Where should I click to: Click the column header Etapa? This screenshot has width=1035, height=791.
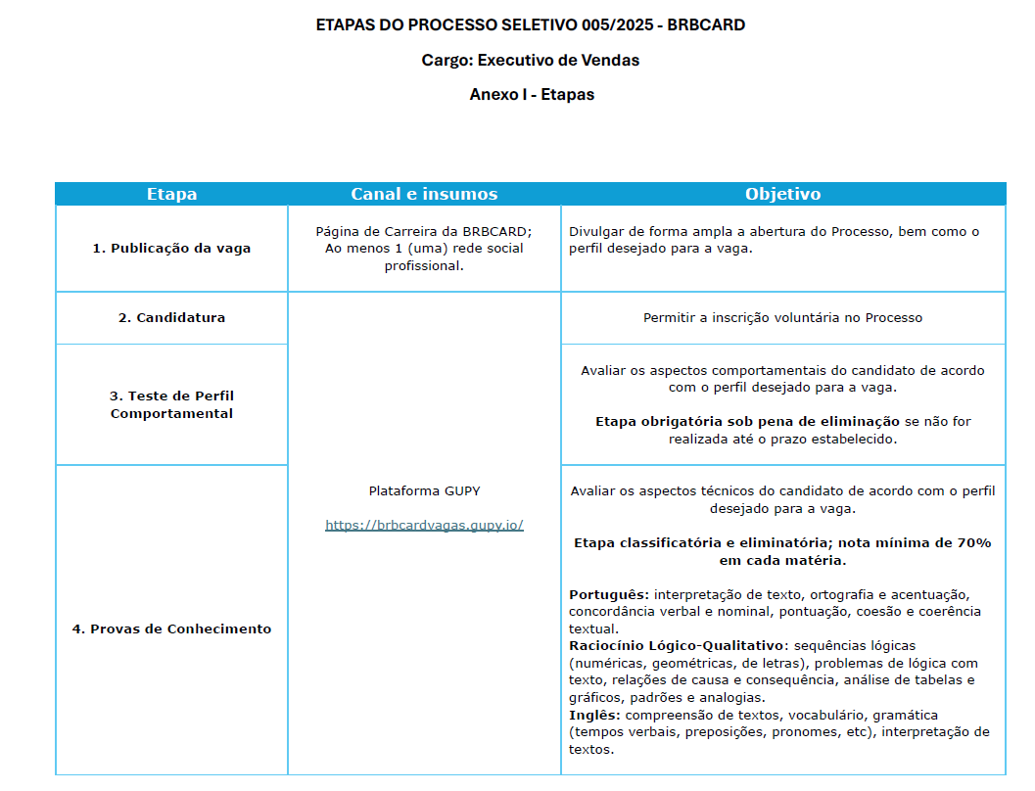171,194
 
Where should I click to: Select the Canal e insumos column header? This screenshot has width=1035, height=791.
424,194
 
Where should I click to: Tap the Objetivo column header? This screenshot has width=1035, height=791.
782,194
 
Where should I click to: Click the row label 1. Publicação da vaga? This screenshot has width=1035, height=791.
171,249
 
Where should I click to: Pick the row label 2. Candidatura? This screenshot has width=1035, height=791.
171,318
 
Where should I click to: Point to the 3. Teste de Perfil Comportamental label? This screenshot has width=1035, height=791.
171,404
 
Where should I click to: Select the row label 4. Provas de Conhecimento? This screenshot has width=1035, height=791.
171,628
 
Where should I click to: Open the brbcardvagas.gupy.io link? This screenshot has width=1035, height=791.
424,525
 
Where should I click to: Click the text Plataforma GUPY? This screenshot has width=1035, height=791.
424,490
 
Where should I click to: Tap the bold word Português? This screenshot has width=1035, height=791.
608,594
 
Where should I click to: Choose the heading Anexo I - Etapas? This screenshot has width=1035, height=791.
532,95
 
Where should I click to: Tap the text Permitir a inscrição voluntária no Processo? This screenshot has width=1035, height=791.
782,318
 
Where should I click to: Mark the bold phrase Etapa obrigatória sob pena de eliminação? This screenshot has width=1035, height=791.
747,422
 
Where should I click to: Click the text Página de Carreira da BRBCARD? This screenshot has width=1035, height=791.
423,232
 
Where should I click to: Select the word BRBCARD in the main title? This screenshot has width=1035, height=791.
706,25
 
